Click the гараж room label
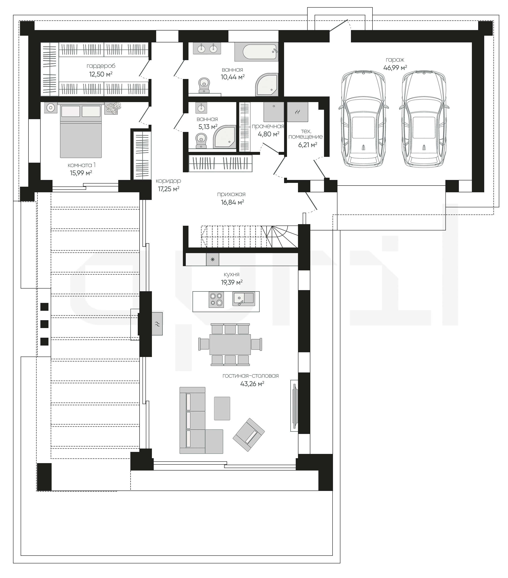395,60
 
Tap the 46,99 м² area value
395,68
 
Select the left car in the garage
363,118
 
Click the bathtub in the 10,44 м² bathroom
256,52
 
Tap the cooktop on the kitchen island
216,300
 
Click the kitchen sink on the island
243,299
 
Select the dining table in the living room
230,344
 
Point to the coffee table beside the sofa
222,408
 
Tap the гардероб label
101,66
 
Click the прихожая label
231,194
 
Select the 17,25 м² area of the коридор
169,189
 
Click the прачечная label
268,126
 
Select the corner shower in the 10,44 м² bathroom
267,85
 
